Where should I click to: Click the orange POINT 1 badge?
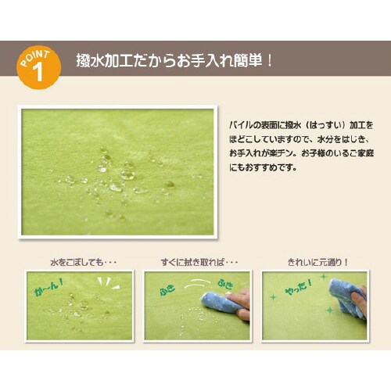(38, 67)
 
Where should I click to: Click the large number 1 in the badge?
(38, 73)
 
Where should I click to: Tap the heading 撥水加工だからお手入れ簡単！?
(174, 61)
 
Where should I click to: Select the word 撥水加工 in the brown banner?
(105, 61)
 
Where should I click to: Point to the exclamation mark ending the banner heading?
(270, 61)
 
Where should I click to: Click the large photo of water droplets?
(117, 172)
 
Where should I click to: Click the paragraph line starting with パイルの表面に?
(301, 125)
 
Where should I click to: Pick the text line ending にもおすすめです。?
(263, 167)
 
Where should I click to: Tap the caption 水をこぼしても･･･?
(84, 262)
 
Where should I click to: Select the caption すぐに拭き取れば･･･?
(199, 262)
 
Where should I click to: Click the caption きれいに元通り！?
(317, 262)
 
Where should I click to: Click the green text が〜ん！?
(48, 286)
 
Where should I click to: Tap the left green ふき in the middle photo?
(167, 289)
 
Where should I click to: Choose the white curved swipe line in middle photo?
(197, 283)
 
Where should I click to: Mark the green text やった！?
(299, 287)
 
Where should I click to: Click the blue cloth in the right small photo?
(348, 297)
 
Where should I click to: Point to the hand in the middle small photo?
(240, 303)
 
